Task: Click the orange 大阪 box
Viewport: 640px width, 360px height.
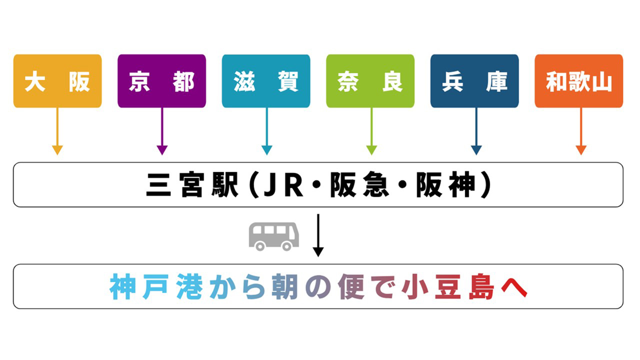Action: tap(57, 81)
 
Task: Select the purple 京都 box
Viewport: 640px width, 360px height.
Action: tap(162, 81)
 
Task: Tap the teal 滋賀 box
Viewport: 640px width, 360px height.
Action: tap(266, 81)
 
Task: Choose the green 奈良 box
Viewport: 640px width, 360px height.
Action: tap(370, 81)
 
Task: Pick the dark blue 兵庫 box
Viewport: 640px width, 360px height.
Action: tap(475, 81)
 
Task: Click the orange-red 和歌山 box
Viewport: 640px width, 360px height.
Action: tap(579, 81)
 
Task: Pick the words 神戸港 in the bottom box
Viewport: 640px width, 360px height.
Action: tap(156, 287)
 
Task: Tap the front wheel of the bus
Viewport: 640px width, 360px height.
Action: tap(286, 246)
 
